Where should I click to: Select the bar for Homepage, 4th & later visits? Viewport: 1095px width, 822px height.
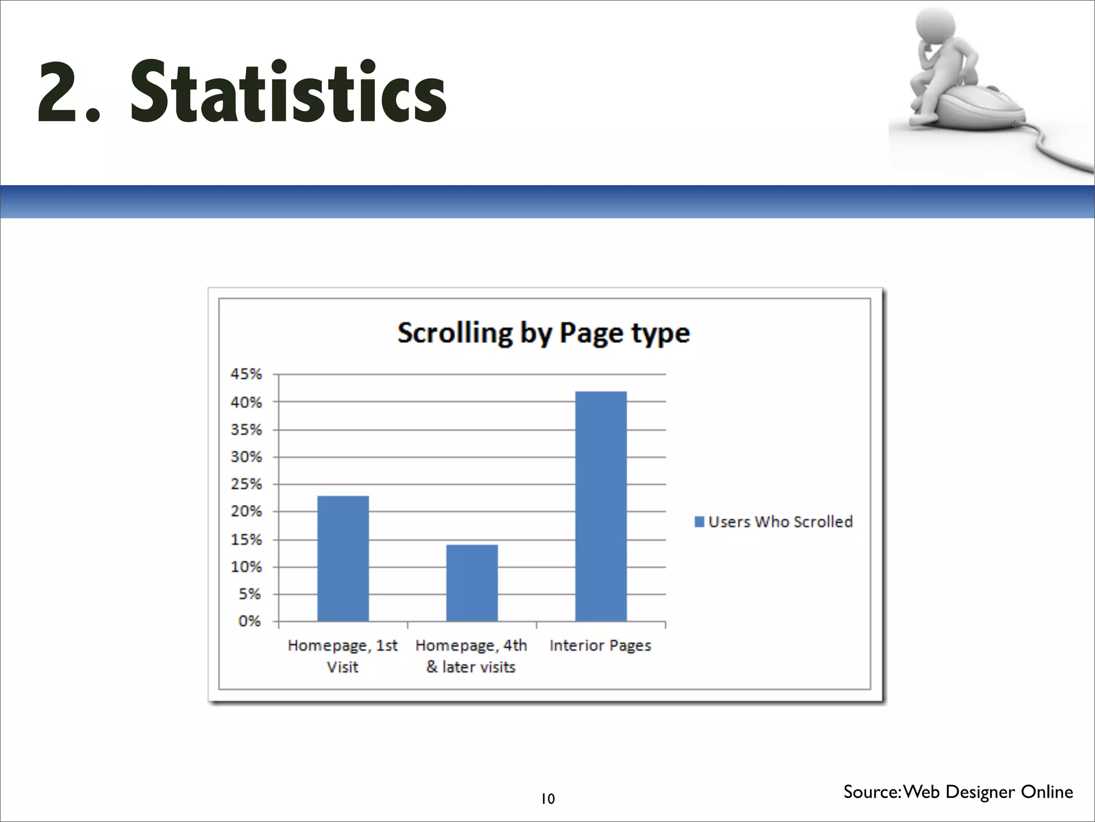pos(472,583)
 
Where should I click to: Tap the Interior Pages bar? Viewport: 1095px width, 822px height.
pos(600,506)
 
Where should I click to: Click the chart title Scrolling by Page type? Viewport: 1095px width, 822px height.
pos(543,333)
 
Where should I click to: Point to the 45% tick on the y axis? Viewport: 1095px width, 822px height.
pos(246,374)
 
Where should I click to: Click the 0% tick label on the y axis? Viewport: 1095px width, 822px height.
pos(249,621)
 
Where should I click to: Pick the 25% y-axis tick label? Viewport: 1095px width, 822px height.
pos(246,484)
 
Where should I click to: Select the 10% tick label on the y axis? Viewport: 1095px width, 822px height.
pos(246,567)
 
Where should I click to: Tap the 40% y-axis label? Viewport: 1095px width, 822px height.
pos(246,402)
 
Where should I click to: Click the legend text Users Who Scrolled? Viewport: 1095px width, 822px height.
pos(780,522)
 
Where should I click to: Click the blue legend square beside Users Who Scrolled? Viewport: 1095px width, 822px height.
pos(699,522)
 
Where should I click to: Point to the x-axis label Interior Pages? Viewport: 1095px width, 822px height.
pos(600,645)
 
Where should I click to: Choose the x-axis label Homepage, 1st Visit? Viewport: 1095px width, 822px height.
pos(343,656)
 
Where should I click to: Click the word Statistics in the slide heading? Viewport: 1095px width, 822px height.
pos(289,92)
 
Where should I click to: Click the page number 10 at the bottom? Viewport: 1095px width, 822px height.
pos(547,799)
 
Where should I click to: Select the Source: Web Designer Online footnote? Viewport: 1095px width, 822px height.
pos(958,791)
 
